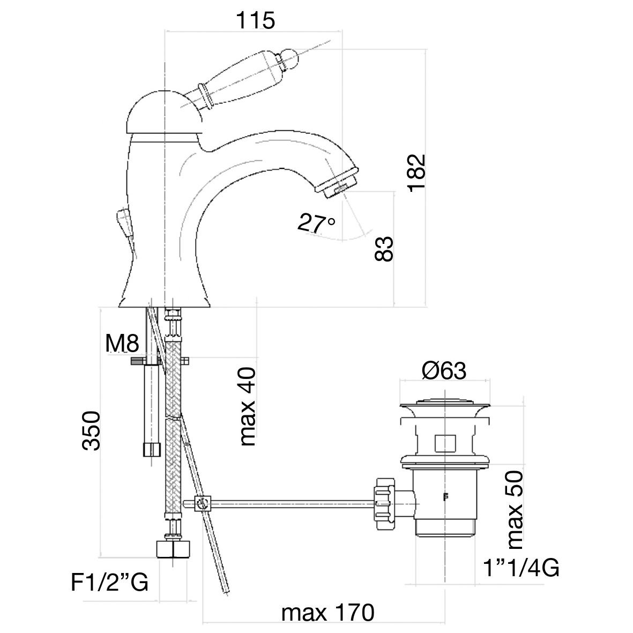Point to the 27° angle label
[x=317, y=223]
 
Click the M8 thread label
[x=122, y=343]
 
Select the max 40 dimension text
[x=248, y=407]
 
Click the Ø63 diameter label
[x=444, y=370]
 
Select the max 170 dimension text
[x=327, y=612]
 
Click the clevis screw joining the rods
[x=203, y=503]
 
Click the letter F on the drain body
[x=444, y=496]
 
